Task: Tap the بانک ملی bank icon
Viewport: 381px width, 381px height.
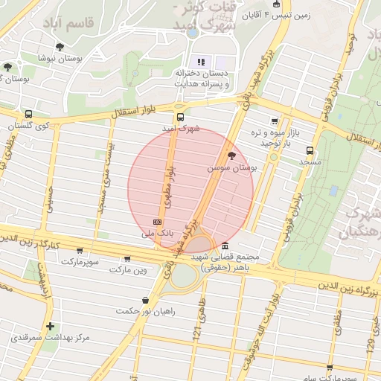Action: point(157,222)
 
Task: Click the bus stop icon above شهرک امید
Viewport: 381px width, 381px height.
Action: point(179,117)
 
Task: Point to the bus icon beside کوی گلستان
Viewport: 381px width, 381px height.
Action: point(28,115)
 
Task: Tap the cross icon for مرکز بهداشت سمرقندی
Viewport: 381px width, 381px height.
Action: point(50,326)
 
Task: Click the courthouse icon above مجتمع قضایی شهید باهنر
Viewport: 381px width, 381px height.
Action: point(225,248)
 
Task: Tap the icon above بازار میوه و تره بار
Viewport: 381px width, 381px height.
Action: point(275,122)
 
